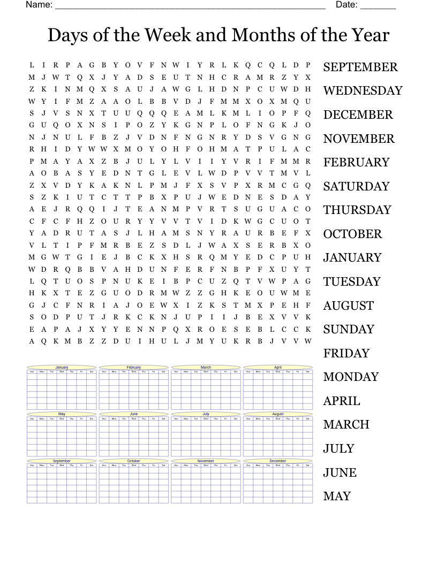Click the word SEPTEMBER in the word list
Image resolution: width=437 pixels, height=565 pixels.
pos(360,67)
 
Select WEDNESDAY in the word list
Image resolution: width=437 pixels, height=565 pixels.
pos(363,91)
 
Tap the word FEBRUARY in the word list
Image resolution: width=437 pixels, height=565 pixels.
pos(356,163)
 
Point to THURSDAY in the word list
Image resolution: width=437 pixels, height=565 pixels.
pos(357,210)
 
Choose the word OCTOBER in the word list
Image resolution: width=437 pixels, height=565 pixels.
pos(352,234)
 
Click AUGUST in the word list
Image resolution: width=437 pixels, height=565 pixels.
pos(348,306)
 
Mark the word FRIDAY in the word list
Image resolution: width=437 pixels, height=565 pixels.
pos(346,354)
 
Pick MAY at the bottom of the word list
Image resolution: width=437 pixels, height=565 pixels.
pos(337,497)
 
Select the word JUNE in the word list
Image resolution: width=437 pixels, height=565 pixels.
pos(340,473)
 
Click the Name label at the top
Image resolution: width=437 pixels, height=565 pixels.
pos(39,5)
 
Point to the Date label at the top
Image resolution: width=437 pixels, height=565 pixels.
pos(346,5)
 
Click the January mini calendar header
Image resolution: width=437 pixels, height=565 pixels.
pos(62,368)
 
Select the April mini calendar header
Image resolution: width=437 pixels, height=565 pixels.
pos(278,368)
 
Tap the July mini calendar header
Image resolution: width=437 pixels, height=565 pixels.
pos(206,414)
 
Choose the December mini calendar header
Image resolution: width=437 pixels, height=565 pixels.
pos(278,461)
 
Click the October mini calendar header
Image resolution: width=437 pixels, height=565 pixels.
pos(134,461)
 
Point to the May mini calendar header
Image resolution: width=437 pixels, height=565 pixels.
pos(62,414)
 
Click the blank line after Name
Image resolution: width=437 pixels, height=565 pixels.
pos(190,6)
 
